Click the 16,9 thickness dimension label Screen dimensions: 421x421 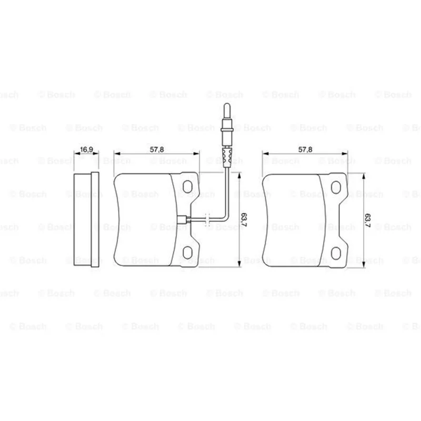pyautogui.click(x=86, y=149)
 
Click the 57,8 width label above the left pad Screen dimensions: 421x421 pyautogui.click(x=157, y=149)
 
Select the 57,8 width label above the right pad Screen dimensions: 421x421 pyautogui.click(x=305, y=149)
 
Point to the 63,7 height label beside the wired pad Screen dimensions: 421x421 pyautogui.click(x=244, y=219)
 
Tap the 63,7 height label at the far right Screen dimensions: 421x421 pyautogui.click(x=367, y=220)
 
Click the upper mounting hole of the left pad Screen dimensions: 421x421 pyautogui.click(x=187, y=186)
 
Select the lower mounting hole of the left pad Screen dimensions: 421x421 pyautogui.click(x=187, y=253)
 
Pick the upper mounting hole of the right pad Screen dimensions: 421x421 pyautogui.click(x=336, y=187)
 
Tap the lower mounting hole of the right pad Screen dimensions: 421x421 pyautogui.click(x=336, y=253)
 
